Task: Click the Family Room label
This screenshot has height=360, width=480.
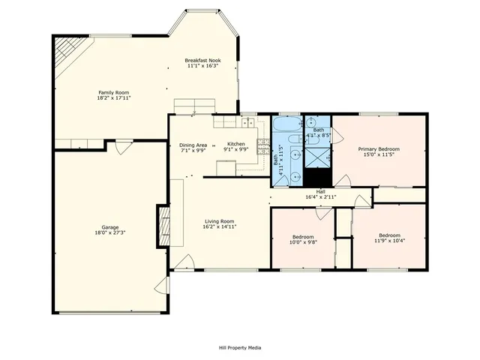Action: [x=107, y=92]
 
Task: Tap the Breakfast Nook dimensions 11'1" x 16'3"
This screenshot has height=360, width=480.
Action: [x=202, y=66]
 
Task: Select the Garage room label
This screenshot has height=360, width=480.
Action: [x=110, y=227]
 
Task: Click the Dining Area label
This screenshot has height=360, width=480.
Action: [x=193, y=144]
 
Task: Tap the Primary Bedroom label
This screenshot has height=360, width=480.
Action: [x=378, y=149]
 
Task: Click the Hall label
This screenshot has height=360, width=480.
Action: [x=320, y=191]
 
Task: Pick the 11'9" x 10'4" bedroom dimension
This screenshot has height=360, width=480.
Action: [x=389, y=241]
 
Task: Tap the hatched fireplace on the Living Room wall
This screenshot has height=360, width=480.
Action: [x=163, y=225]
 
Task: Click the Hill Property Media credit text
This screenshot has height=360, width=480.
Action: [x=240, y=347]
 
